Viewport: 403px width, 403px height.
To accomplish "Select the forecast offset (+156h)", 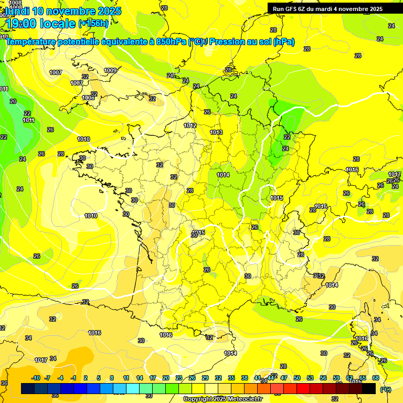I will (93, 24).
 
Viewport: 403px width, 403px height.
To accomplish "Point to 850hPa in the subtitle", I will (171, 41).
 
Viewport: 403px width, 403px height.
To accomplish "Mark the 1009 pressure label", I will (110, 70).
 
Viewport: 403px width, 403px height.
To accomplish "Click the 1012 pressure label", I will (190, 126).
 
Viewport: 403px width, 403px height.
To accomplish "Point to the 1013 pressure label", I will (216, 133).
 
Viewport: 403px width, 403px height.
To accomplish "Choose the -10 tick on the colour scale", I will (35, 378).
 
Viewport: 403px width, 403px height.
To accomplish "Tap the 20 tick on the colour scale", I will (165, 378).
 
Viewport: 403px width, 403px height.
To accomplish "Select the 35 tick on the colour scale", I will (231, 378).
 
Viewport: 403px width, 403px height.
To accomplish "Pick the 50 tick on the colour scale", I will (297, 378).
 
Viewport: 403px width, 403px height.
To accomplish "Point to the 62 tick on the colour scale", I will (349, 378).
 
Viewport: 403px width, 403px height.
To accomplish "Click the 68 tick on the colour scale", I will (376, 378).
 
